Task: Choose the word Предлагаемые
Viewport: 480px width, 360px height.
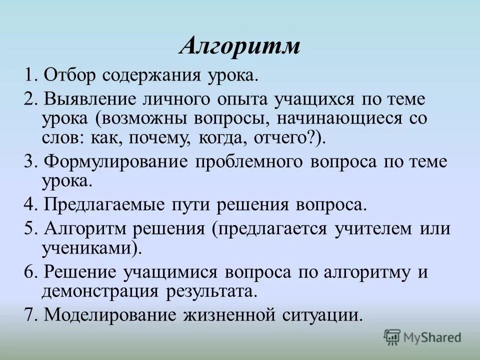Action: pyautogui.click(x=99, y=204)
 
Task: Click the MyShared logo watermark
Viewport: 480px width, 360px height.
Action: pyautogui.click(x=422, y=337)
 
